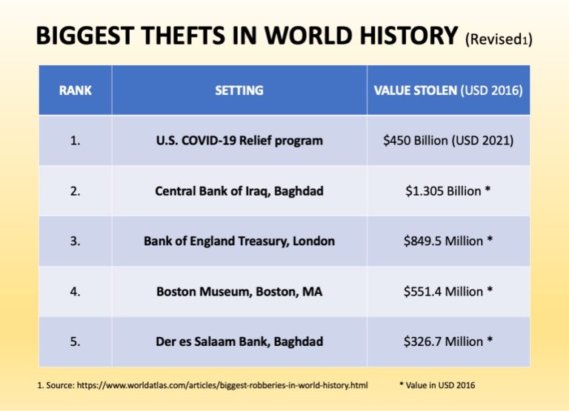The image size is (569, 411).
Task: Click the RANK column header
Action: click(75, 90)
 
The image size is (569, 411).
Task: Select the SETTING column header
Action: click(239, 90)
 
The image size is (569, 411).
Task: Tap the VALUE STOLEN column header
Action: click(448, 90)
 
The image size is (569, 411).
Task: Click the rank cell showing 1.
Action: click(75, 141)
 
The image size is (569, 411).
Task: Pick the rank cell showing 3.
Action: click(75, 241)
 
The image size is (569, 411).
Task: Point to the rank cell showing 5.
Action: click(75, 341)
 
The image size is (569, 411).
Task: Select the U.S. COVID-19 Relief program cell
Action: click(239, 141)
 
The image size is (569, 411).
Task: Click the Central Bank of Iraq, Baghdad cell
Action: click(239, 191)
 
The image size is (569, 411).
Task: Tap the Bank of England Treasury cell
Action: click(239, 241)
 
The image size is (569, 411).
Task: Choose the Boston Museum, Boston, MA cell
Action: click(239, 292)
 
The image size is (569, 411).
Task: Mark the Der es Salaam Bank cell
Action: click(239, 341)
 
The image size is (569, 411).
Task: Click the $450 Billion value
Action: click(448, 141)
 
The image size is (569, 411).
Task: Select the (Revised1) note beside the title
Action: click(499, 39)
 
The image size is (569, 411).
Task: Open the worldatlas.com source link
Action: click(222, 385)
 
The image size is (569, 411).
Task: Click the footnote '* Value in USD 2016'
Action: click(437, 385)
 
